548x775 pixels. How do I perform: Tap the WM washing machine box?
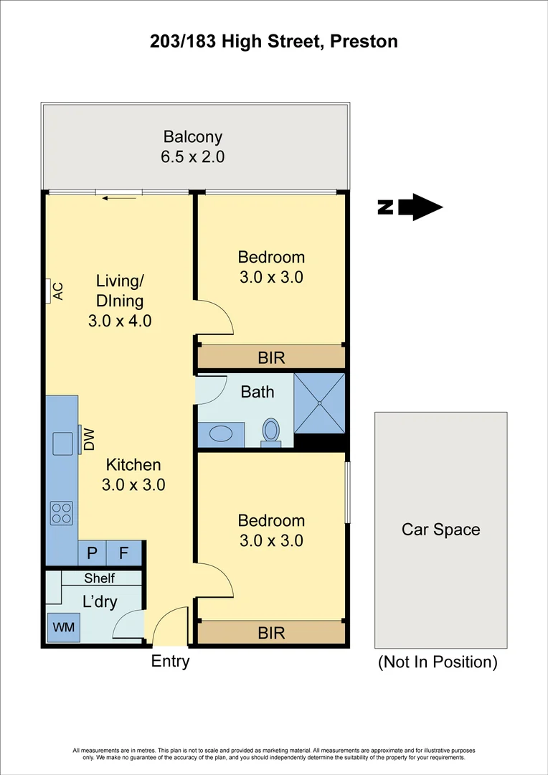point(62,628)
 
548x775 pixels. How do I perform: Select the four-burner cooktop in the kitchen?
point(62,513)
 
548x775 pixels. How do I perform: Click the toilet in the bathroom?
point(270,432)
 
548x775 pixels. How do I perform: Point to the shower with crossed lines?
point(320,403)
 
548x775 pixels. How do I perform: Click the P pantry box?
point(92,553)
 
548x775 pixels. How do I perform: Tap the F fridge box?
point(123,553)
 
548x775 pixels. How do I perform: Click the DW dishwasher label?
point(87,440)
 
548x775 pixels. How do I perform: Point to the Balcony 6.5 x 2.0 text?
point(193,146)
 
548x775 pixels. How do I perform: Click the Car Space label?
point(440,530)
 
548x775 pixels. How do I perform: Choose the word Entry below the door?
point(170,661)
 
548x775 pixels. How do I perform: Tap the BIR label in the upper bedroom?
point(271,357)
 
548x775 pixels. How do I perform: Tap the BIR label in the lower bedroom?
point(271,633)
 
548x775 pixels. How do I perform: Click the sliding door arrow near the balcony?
point(119,197)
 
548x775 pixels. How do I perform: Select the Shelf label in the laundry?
point(99,578)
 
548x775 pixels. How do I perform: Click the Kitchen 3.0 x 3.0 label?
point(133,474)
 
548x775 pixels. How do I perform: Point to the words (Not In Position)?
point(438,662)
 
